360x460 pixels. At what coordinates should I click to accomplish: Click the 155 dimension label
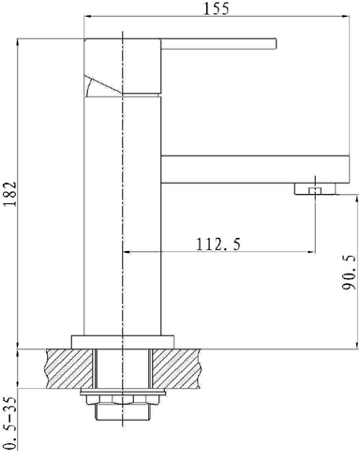217,8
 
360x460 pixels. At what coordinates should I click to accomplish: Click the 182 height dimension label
10,193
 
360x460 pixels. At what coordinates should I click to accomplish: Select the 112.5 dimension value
218,244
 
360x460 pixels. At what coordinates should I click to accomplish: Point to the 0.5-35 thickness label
10,423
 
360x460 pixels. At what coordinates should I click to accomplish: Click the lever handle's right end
277,44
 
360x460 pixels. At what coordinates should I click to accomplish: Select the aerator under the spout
314,188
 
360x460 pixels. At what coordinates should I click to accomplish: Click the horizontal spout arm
255,169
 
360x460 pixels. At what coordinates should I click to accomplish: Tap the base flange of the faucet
123,342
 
